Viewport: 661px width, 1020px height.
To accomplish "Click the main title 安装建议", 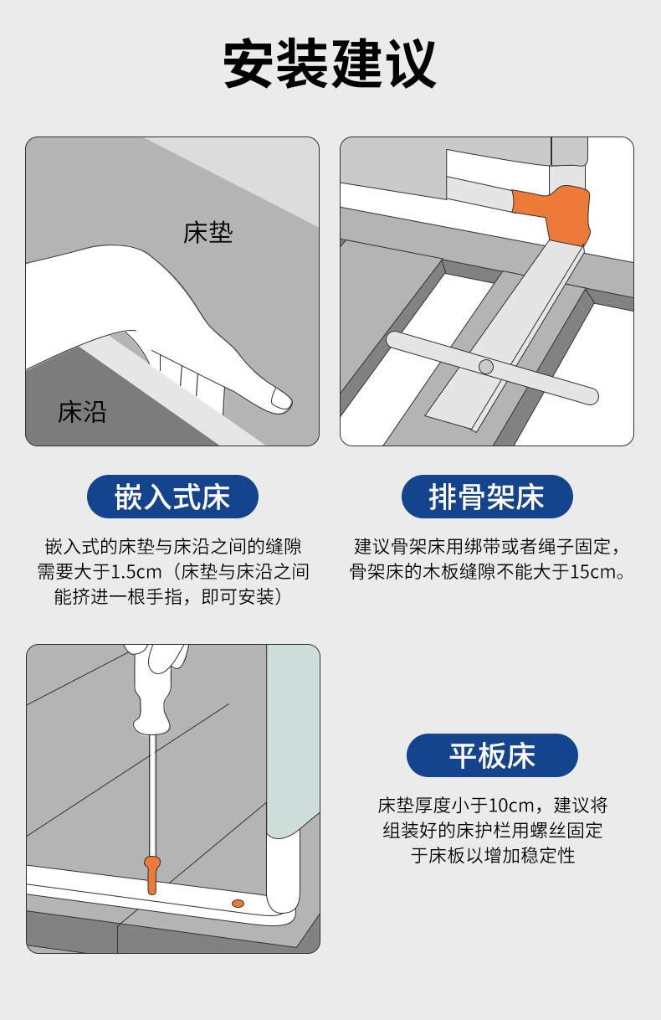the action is pos(330,64).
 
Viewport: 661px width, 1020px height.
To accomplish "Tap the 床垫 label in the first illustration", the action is pos(208,233).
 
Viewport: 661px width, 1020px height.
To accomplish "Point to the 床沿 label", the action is pos(82,412).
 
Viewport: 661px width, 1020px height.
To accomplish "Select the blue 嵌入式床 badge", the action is pos(172,497).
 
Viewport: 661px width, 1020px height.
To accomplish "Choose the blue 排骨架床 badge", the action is pos(487,497).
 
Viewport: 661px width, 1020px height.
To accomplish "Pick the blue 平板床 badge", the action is pos(492,755).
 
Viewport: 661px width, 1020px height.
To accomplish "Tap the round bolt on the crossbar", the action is pos(486,367).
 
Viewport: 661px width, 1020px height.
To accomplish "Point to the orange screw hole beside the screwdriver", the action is pos(238,904).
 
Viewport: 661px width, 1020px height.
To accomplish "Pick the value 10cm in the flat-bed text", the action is pos(511,806).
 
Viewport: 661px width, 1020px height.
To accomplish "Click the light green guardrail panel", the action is pos(293,740).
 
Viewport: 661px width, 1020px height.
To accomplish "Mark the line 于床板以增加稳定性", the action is pos(493,855).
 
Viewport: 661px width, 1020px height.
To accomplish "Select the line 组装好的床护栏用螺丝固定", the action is pos(493,830).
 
